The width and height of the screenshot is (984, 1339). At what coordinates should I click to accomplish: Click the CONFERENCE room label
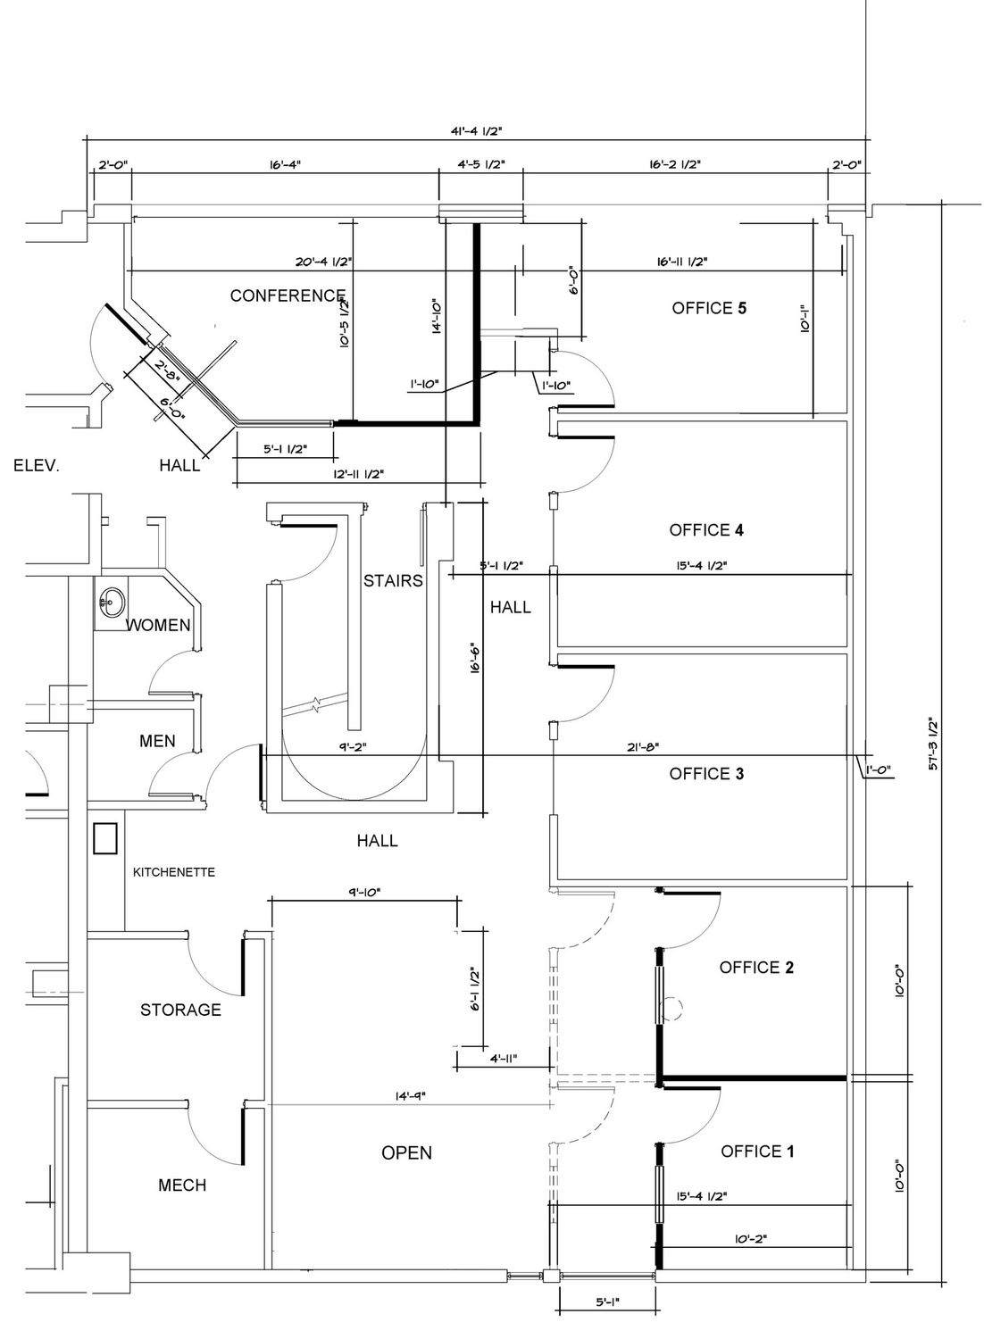pyautogui.click(x=288, y=295)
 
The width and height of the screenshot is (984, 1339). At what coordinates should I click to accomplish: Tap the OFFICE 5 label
pyautogui.click(x=709, y=309)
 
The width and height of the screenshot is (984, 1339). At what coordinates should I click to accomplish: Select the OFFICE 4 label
pyautogui.click(x=706, y=530)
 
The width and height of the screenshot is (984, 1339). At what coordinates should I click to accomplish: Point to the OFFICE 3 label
pyautogui.click(x=706, y=774)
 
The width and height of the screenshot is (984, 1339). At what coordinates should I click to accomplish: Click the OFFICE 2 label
pyautogui.click(x=756, y=968)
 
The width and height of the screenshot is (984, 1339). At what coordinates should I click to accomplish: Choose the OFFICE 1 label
pyautogui.click(x=757, y=1152)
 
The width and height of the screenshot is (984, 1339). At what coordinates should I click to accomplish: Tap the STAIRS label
pyautogui.click(x=393, y=581)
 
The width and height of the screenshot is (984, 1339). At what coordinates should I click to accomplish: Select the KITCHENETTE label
pyautogui.click(x=173, y=873)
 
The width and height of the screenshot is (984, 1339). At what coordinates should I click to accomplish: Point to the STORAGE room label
pyautogui.click(x=180, y=1010)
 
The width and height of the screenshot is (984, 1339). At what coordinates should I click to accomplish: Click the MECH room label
pyautogui.click(x=182, y=1185)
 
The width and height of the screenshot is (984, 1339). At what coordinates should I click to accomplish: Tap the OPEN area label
pyautogui.click(x=406, y=1153)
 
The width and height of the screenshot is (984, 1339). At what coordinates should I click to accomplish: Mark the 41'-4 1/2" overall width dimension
pyautogui.click(x=476, y=131)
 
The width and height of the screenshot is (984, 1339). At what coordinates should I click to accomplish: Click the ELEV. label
pyautogui.click(x=37, y=466)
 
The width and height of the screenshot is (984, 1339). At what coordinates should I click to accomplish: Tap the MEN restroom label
pyautogui.click(x=157, y=741)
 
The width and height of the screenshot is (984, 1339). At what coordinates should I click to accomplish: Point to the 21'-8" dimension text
pyautogui.click(x=643, y=746)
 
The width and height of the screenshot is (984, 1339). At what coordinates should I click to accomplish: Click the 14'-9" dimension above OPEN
pyautogui.click(x=410, y=1095)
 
